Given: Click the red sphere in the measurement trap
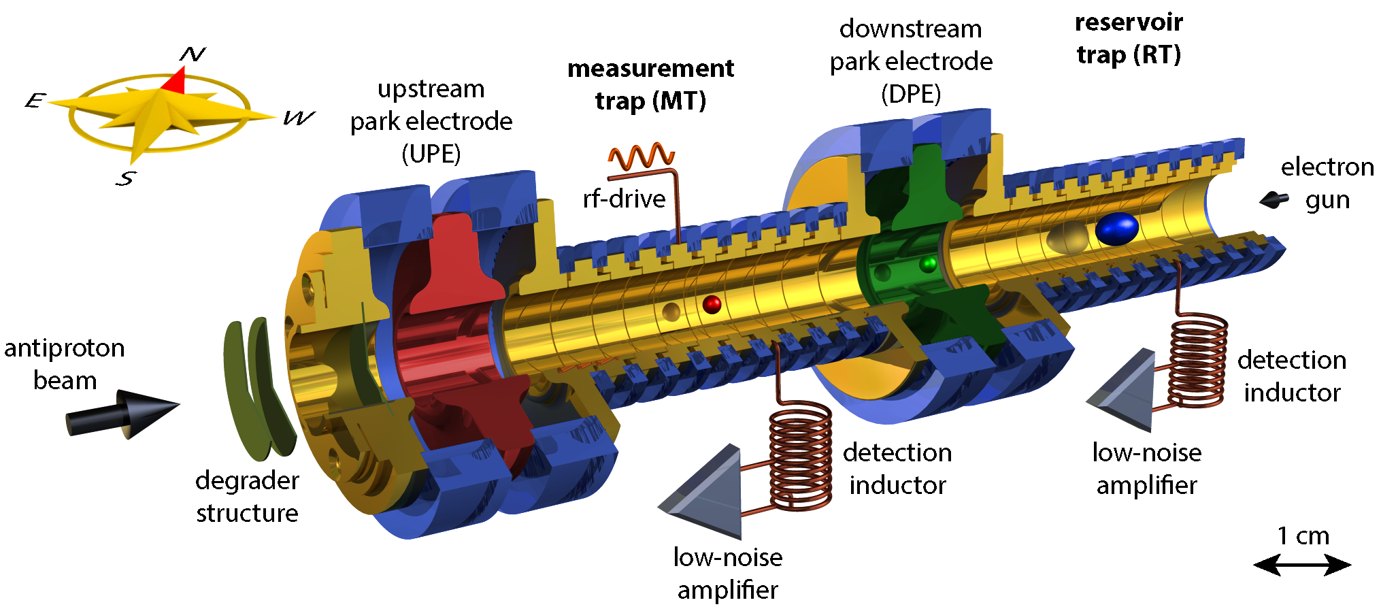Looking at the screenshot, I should [x=712, y=303].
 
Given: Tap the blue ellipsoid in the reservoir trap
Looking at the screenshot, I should [x=1116, y=229].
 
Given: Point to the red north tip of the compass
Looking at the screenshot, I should [x=176, y=80].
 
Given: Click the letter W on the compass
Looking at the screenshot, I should [x=299, y=118].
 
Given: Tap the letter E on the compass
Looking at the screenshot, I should [x=35, y=101].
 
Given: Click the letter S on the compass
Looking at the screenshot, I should [x=126, y=178].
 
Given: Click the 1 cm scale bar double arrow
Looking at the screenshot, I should [x=1302, y=565].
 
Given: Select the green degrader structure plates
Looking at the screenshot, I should [x=258, y=388].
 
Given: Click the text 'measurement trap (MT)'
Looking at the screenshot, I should [x=650, y=84].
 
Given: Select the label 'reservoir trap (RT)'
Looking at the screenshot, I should [x=1129, y=38].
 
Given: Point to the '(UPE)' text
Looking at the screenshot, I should [x=431, y=154].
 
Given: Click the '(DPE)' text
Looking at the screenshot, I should [x=911, y=93].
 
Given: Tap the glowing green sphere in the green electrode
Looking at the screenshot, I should [x=928, y=263].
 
